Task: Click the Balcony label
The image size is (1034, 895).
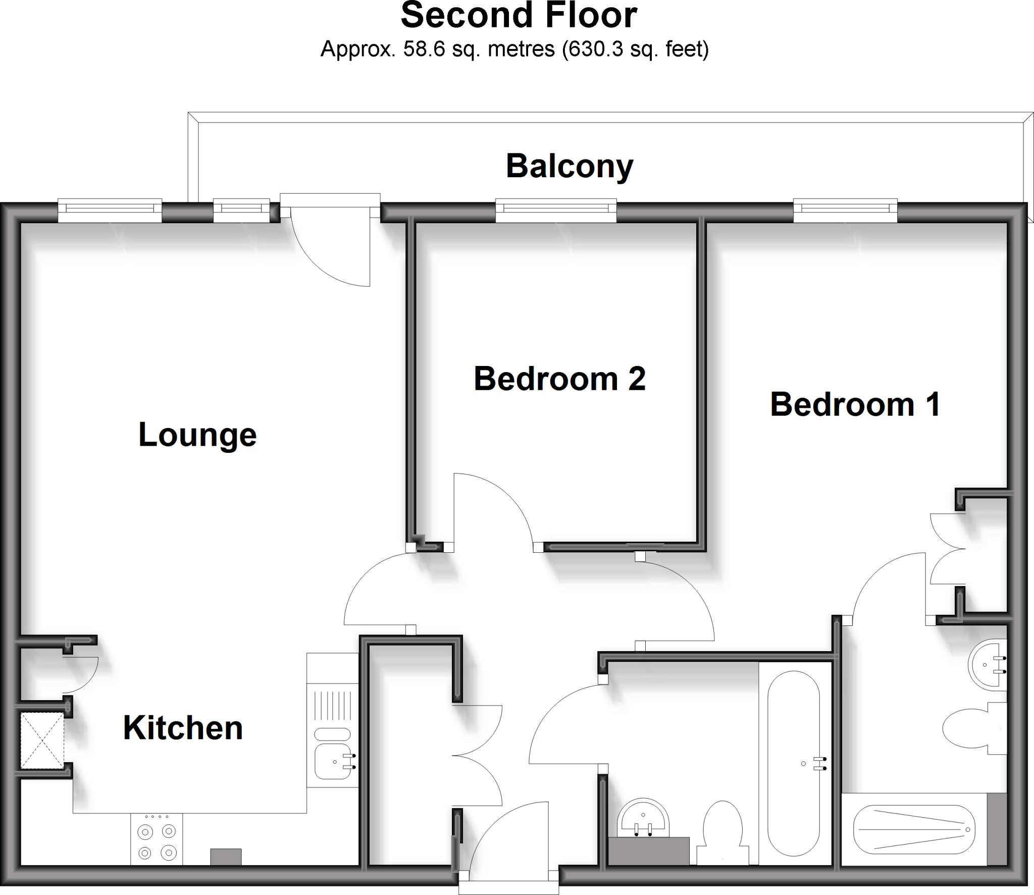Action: point(569,166)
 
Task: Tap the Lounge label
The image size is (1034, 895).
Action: point(197,435)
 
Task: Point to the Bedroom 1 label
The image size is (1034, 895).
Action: point(855,404)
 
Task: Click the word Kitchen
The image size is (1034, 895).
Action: point(183,728)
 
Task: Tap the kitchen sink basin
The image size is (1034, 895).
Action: point(333,761)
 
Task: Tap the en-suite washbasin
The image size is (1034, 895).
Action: point(987,665)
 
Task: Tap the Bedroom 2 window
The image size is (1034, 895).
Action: point(555,210)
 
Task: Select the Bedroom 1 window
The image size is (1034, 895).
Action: point(845,210)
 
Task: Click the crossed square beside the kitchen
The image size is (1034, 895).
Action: point(42,741)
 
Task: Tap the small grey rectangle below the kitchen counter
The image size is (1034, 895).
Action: point(226,857)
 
